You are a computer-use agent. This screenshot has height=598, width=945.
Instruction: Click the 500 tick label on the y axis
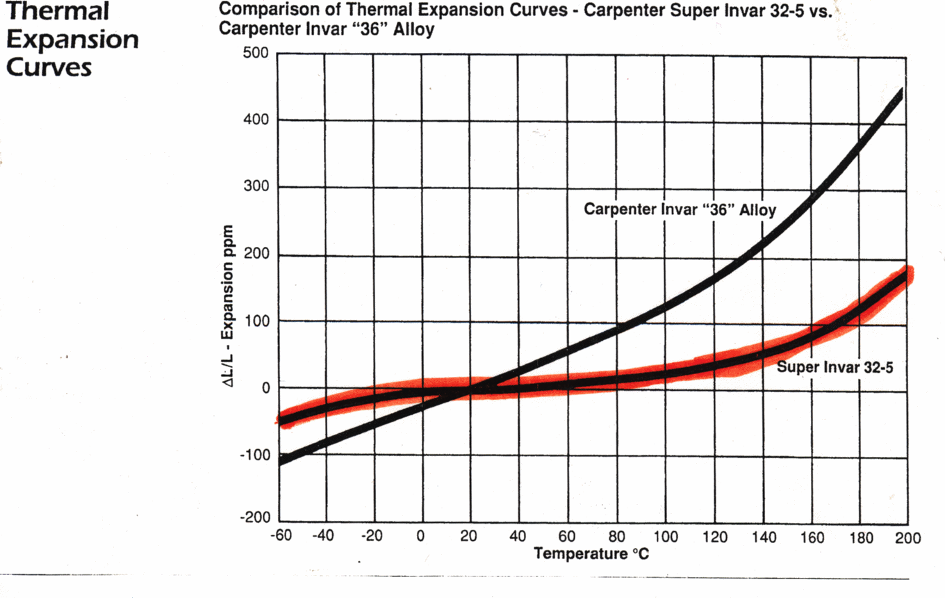coord(256,54)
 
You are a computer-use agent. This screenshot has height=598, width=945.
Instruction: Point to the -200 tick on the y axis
coord(254,518)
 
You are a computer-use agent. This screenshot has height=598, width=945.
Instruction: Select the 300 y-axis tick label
coord(256,188)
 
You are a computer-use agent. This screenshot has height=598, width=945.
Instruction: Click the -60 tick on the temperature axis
coord(279,537)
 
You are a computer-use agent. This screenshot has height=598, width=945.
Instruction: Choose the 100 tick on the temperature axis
coord(665,537)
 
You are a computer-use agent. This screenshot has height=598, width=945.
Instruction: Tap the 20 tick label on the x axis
coord(469,537)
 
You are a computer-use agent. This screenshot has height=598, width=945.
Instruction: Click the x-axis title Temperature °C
coord(591,554)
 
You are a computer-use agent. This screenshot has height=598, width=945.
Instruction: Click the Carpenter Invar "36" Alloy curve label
coord(680,209)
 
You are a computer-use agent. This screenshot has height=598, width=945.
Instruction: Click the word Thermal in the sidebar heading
coord(57,12)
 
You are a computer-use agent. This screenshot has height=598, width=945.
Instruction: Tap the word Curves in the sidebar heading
coord(49,67)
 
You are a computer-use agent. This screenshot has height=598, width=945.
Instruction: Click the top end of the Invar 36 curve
coord(901,92)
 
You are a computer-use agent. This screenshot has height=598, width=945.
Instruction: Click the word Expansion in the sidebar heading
coord(71,40)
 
